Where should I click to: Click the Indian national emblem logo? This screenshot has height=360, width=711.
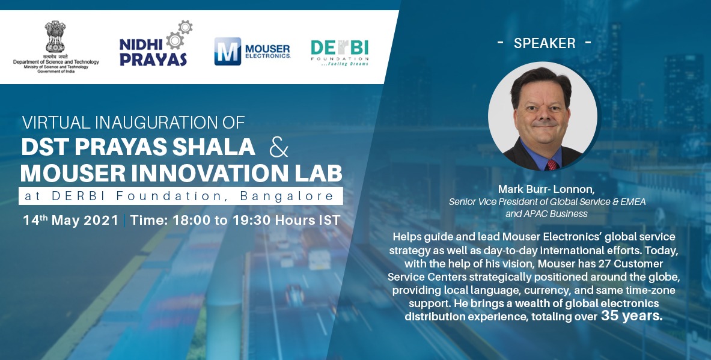(55, 37)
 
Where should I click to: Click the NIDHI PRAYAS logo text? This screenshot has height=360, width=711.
(153, 53)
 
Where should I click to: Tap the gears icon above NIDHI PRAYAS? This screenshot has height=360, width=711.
(179, 33)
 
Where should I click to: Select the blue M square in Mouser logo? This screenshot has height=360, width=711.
(228, 51)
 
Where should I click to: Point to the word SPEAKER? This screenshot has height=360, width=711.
(545, 43)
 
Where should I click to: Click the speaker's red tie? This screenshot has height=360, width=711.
(551, 163)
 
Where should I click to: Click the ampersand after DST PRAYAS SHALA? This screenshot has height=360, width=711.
(278, 147)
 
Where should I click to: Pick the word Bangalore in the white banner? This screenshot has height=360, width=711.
(287, 196)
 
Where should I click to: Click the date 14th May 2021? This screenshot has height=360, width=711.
(70, 220)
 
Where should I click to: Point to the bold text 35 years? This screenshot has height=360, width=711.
(631, 316)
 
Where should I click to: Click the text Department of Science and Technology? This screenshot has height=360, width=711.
(56, 62)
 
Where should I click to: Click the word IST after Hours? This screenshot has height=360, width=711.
(329, 220)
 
